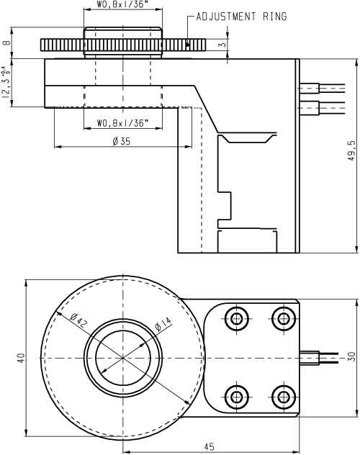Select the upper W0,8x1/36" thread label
click(x=122, y=6)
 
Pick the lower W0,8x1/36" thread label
click(x=122, y=122)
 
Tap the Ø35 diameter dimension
click(x=122, y=141)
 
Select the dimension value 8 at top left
click(x=6, y=42)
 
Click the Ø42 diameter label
click(x=80, y=322)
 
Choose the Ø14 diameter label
click(x=163, y=328)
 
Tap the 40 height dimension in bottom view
click(x=21, y=357)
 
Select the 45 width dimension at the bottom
click(x=209, y=447)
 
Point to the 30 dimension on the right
click(x=351, y=357)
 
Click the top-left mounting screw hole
click(x=235, y=318)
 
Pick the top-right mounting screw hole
click(x=282, y=318)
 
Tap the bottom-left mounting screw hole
click(x=235, y=396)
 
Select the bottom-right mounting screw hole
click(x=282, y=396)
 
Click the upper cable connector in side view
click(x=308, y=89)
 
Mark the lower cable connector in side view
click(x=308, y=109)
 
